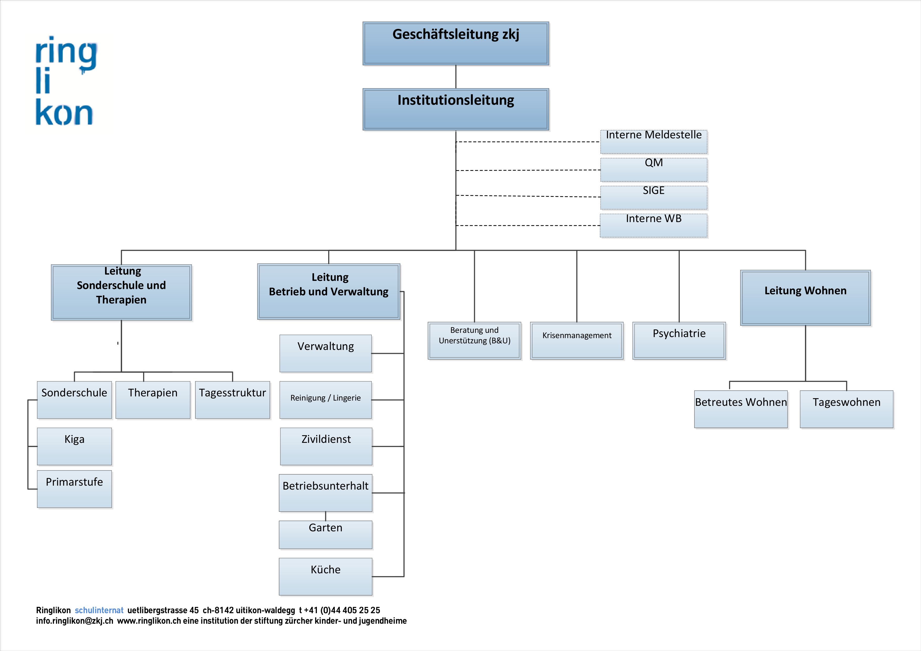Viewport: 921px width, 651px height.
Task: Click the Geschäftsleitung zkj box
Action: click(x=456, y=43)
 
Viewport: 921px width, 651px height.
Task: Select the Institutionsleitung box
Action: click(x=456, y=109)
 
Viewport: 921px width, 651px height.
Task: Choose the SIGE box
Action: click(x=654, y=198)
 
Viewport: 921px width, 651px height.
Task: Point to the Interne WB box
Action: click(x=654, y=226)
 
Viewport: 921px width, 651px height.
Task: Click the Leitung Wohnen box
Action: click(x=805, y=298)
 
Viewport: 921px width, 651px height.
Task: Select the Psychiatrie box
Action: click(x=679, y=340)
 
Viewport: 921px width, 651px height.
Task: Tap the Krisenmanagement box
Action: click(x=577, y=340)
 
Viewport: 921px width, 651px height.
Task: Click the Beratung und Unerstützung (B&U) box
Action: click(x=474, y=340)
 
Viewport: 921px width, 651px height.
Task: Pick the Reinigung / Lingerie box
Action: click(x=326, y=400)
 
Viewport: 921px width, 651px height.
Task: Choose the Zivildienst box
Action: click(x=326, y=447)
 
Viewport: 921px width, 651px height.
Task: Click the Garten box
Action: click(x=326, y=535)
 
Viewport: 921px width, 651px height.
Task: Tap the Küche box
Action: click(x=326, y=577)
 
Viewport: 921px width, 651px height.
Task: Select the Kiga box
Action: click(x=75, y=447)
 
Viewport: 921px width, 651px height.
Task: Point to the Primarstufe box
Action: click(x=75, y=489)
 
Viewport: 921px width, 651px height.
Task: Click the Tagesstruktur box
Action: click(x=233, y=400)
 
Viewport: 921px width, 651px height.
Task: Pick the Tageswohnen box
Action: click(x=847, y=409)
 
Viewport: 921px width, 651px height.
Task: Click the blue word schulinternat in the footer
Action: click(x=99, y=611)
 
